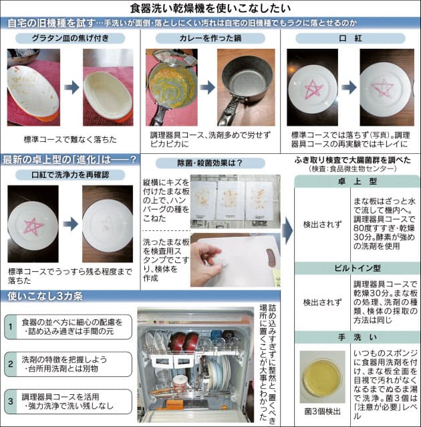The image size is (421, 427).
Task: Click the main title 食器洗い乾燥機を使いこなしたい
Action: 210,8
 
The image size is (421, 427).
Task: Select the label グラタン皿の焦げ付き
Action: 70,38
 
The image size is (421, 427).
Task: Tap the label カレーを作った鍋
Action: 210,38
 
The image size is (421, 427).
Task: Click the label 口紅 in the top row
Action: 349,38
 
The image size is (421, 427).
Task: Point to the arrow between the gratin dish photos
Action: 71,87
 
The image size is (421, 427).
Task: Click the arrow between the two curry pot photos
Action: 207,87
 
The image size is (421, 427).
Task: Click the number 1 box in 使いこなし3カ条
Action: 11,327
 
